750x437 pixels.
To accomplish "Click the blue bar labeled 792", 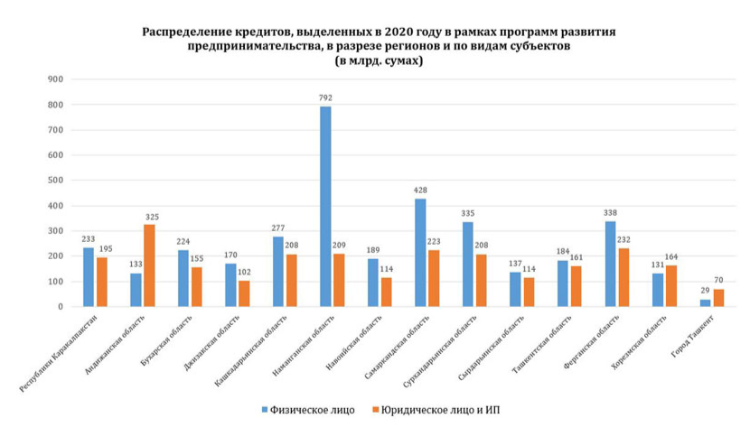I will click(x=325, y=207).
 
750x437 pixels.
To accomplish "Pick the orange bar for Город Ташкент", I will click(x=718, y=298).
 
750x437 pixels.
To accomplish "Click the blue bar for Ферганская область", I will click(x=610, y=264).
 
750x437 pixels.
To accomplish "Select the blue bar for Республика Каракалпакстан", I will click(x=89, y=277).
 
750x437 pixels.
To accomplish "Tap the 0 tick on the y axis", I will click(x=60, y=307).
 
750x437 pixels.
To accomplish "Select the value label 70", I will click(x=718, y=281).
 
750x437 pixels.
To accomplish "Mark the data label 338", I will click(x=610, y=213).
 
